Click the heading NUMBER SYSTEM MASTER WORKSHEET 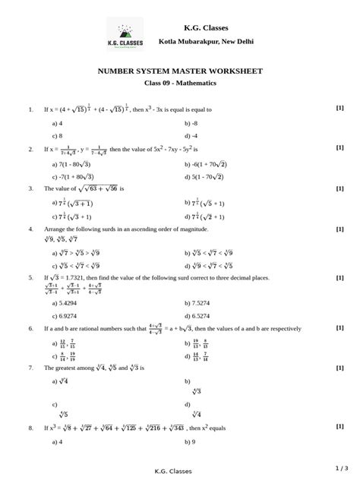click(180, 71)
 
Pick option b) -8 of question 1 click(190, 122)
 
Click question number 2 click(30, 150)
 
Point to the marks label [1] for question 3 click(339, 188)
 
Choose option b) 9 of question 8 click(190, 441)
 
